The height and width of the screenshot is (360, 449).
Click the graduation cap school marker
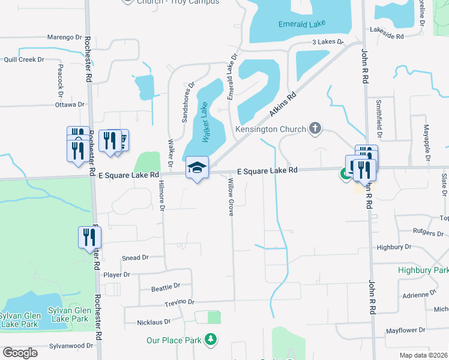pyautogui.click(x=197, y=168)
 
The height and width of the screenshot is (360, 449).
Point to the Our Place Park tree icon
pyautogui.click(x=211, y=340)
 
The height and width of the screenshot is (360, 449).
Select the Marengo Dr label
pyautogui.click(x=64, y=37)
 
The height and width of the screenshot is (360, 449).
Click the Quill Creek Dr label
pyautogui.click(x=24, y=59)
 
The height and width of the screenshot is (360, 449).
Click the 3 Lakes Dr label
pyautogui.click(x=327, y=42)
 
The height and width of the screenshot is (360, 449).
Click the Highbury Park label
pyautogui.click(x=423, y=271)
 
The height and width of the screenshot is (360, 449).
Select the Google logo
pyautogui.click(x=20, y=353)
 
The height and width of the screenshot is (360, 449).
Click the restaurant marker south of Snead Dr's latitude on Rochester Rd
pyautogui.click(x=89, y=237)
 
